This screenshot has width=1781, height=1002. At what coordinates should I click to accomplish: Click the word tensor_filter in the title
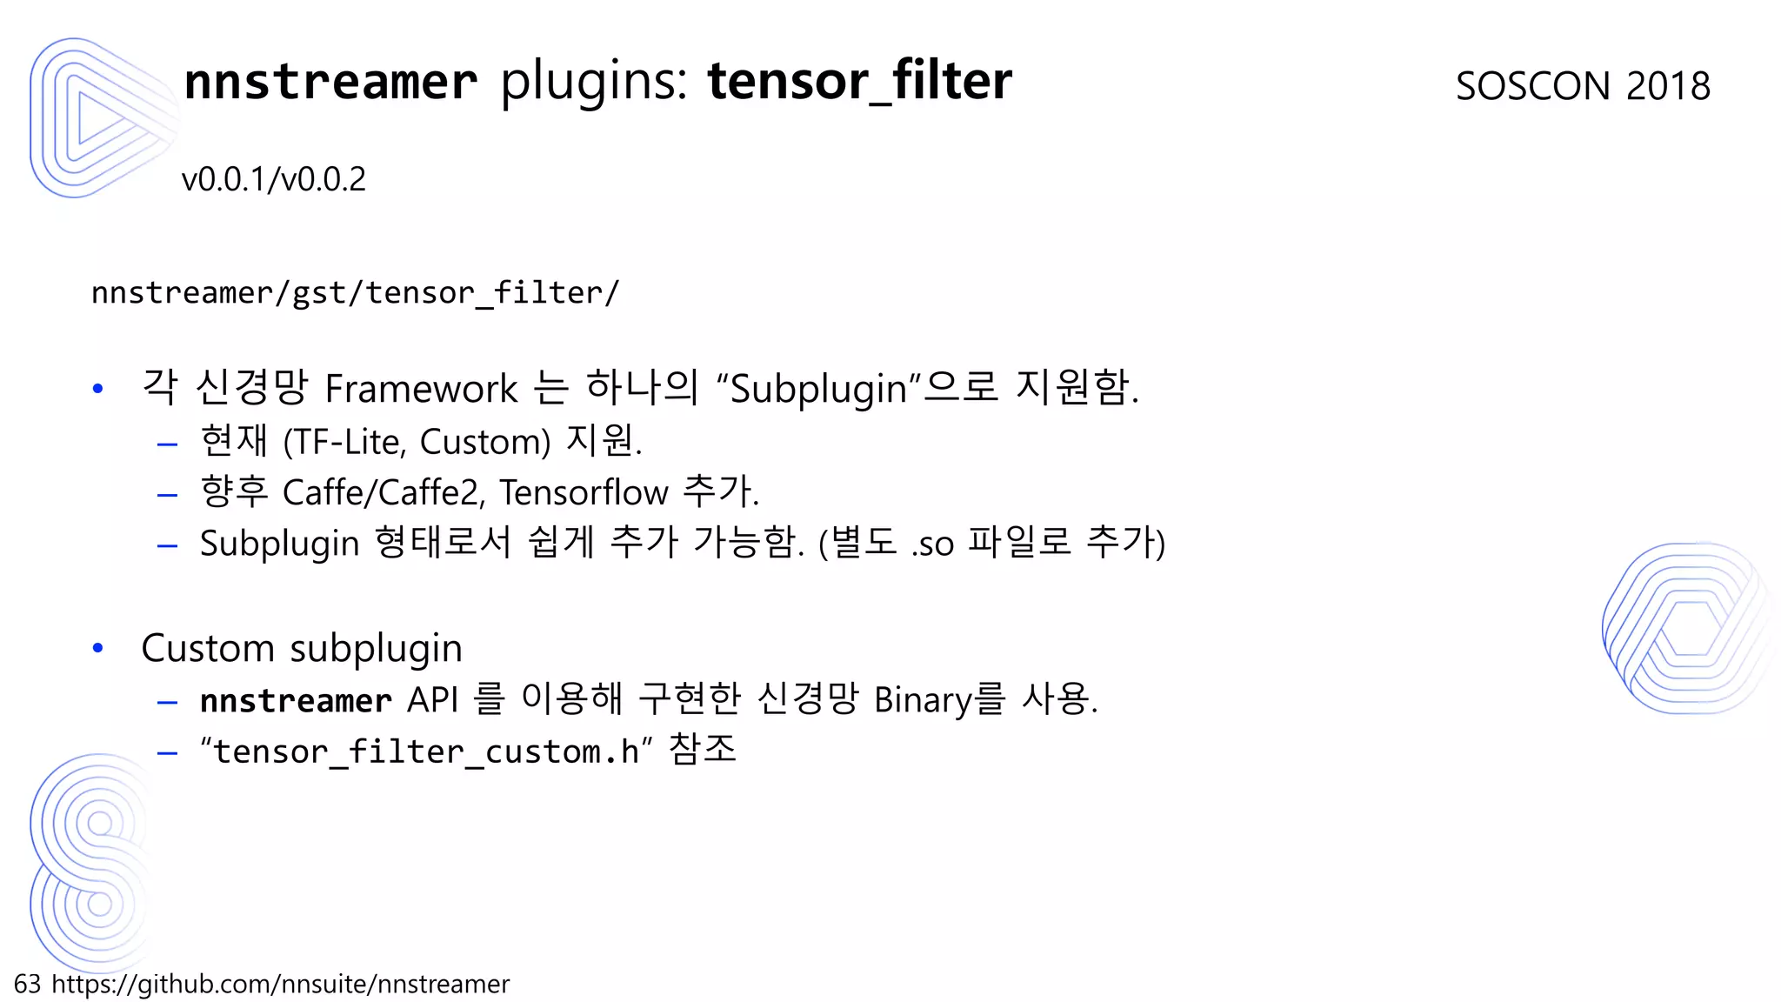point(859,81)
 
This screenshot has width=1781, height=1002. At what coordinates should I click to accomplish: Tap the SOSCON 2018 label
point(1583,86)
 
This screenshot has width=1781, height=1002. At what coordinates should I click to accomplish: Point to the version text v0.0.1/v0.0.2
point(274,180)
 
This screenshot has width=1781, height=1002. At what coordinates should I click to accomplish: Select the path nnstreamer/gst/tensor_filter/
point(355,293)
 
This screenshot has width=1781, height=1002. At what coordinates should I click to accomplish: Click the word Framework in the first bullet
point(421,389)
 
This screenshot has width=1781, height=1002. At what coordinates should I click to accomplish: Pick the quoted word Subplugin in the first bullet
point(818,389)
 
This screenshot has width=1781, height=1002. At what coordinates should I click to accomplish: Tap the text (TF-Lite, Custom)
point(417,442)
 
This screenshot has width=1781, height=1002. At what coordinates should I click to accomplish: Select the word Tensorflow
point(584,493)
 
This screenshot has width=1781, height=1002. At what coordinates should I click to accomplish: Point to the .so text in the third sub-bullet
point(933,544)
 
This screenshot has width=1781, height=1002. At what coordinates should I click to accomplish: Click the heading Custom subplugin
point(302,649)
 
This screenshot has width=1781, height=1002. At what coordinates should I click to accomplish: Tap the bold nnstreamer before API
point(296,701)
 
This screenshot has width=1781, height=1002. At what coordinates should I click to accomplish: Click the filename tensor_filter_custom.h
point(426,751)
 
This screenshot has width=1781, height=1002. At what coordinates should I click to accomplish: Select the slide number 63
point(27,984)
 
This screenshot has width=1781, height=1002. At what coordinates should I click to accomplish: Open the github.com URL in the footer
point(280,984)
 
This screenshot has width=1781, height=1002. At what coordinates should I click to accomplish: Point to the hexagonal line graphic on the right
point(1688,628)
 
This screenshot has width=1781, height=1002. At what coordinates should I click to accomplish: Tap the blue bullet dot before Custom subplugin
point(98,648)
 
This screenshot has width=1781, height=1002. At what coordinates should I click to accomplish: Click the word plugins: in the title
point(594,81)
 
